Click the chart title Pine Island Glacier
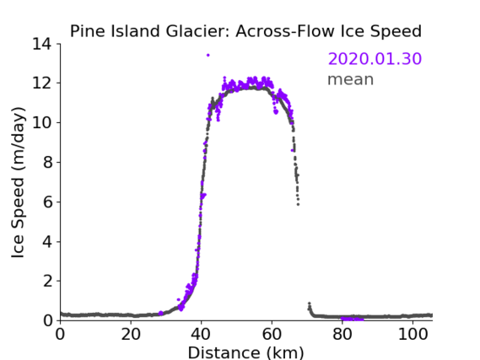pos(151,31)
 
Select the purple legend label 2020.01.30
pos(375,59)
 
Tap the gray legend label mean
pos(351,79)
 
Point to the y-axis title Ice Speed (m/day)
pos(18,182)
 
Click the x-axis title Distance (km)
pos(245,352)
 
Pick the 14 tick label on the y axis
pos(41,44)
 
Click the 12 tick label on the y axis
pos(41,83)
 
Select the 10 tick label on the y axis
pos(41,122)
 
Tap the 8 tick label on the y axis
pos(48,162)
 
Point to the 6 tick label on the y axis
pos(48,201)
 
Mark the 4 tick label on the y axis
pos(48,242)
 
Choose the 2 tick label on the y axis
pos(48,281)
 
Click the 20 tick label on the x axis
pos(131,335)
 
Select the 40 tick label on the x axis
pos(201,335)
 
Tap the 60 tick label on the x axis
pos(272,335)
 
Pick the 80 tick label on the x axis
pos(342,335)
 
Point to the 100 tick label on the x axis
pos(413,335)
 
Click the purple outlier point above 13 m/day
pos(208,56)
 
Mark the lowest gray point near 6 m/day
pos(298,204)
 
